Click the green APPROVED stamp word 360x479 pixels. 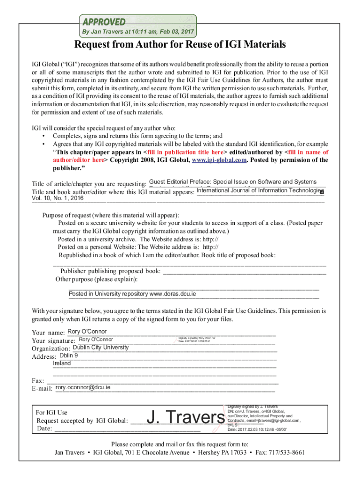tap(104, 22)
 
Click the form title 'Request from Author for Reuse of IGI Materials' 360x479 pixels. tap(180, 45)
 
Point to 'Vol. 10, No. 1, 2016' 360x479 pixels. tap(58, 198)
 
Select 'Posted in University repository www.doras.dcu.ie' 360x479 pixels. tap(132, 294)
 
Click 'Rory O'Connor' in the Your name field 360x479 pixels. tap(87, 332)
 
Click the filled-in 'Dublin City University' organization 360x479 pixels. tap(101, 348)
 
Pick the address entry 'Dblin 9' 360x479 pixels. tap(69, 356)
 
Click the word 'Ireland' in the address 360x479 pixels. tap(62, 363)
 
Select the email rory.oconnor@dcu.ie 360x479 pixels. tap(83, 387)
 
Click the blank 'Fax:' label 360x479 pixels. tap(38, 381)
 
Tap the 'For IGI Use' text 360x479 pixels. tap(51, 413)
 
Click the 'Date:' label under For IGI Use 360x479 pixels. tap(44, 429)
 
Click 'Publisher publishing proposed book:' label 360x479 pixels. tap(110, 271)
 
